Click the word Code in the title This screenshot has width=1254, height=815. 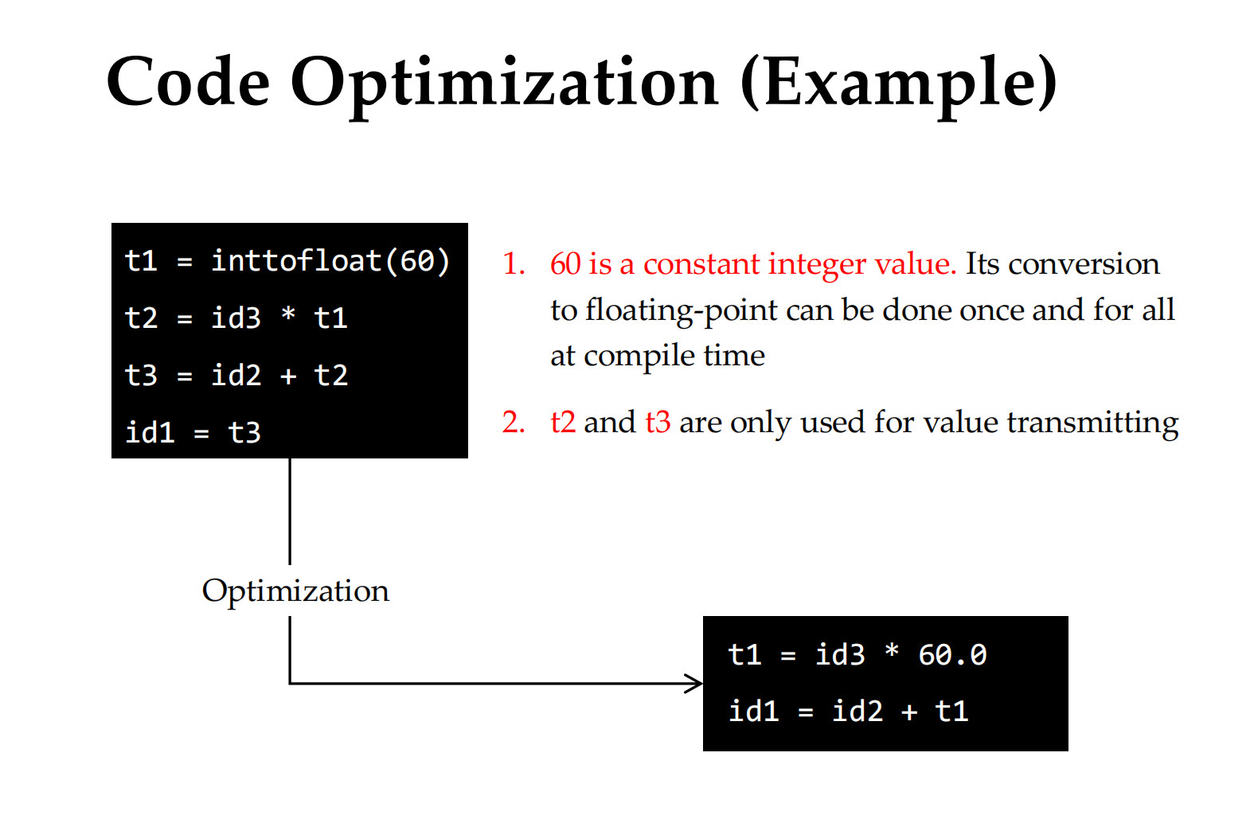point(188,82)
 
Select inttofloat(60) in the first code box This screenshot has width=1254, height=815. point(330,261)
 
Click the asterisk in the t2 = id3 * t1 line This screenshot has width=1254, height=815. point(288,314)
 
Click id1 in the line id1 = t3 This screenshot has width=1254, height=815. point(150,432)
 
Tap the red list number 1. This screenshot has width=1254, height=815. point(514,263)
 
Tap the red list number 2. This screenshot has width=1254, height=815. point(514,422)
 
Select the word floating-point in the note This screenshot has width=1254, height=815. point(682,310)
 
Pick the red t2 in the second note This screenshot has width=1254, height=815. point(563,422)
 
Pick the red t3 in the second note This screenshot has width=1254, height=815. point(658,422)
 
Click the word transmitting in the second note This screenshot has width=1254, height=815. point(1092,423)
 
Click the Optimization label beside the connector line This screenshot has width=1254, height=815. point(295,591)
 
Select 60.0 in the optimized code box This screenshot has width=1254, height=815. point(952,655)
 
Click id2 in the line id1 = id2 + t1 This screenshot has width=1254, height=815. point(857,712)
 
